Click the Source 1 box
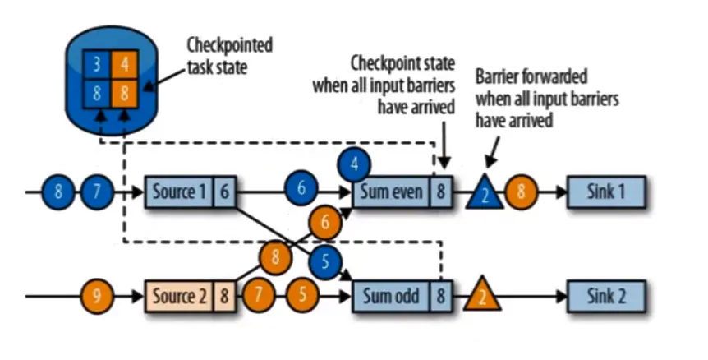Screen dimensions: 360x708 click(177, 192)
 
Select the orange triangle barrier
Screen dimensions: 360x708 click(482, 296)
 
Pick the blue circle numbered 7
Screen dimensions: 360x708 click(96, 192)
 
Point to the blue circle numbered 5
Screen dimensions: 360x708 click(325, 263)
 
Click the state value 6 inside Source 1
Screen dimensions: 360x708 click(226, 192)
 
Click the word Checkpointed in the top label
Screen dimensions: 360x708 click(229, 44)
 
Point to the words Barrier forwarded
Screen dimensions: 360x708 click(531, 77)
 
